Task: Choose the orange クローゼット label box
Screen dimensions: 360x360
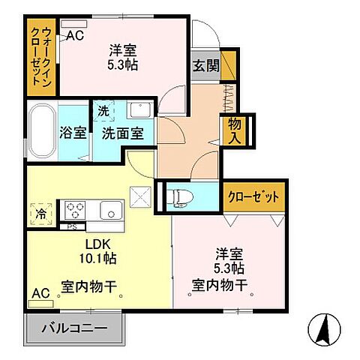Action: pos(256,196)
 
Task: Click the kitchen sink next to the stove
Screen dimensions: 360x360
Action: pos(110,210)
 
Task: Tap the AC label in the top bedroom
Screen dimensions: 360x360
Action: pos(75,34)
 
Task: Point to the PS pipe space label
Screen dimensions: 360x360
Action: pos(73,226)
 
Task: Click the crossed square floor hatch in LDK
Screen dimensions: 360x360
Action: pos(139,196)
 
